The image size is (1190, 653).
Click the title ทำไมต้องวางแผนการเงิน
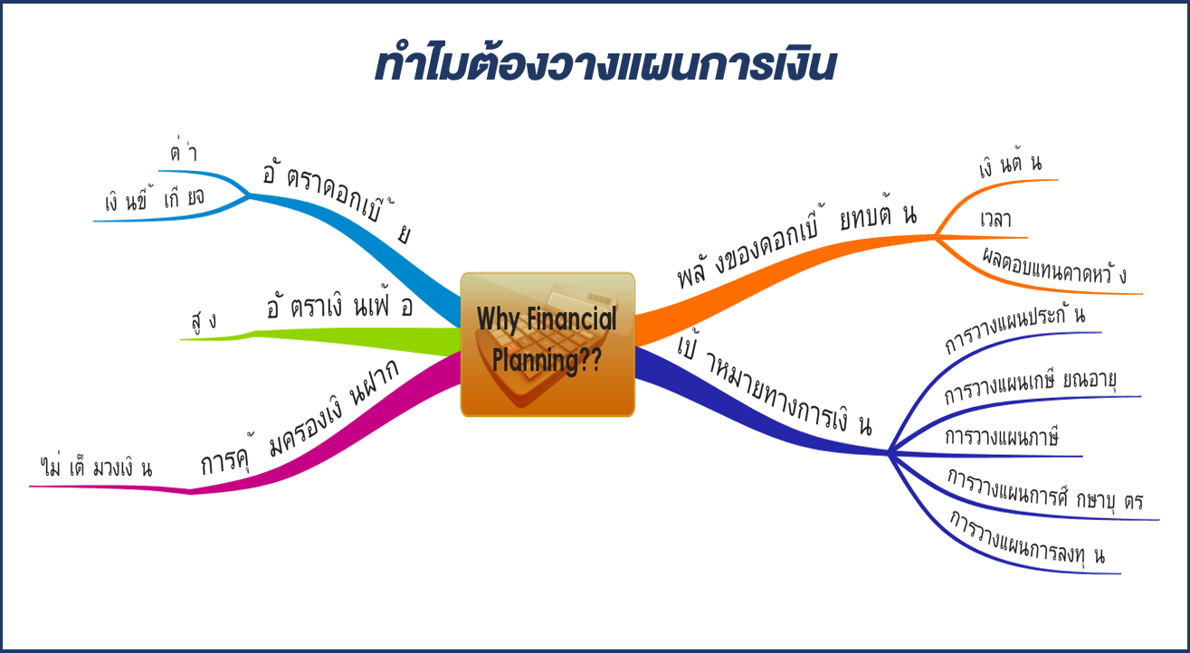(x=605, y=65)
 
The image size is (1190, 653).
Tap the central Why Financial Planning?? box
(x=547, y=345)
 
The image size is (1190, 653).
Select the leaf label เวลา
(x=995, y=219)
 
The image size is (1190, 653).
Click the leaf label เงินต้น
(x=1010, y=165)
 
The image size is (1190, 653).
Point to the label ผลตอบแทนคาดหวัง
(x=1053, y=267)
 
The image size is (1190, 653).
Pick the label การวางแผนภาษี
(x=1002, y=437)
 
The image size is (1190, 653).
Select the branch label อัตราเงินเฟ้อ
(x=339, y=305)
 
